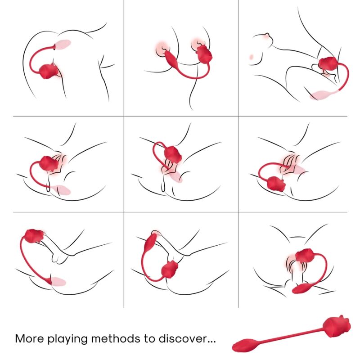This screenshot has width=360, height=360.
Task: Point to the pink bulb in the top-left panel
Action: (x=62, y=45)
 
